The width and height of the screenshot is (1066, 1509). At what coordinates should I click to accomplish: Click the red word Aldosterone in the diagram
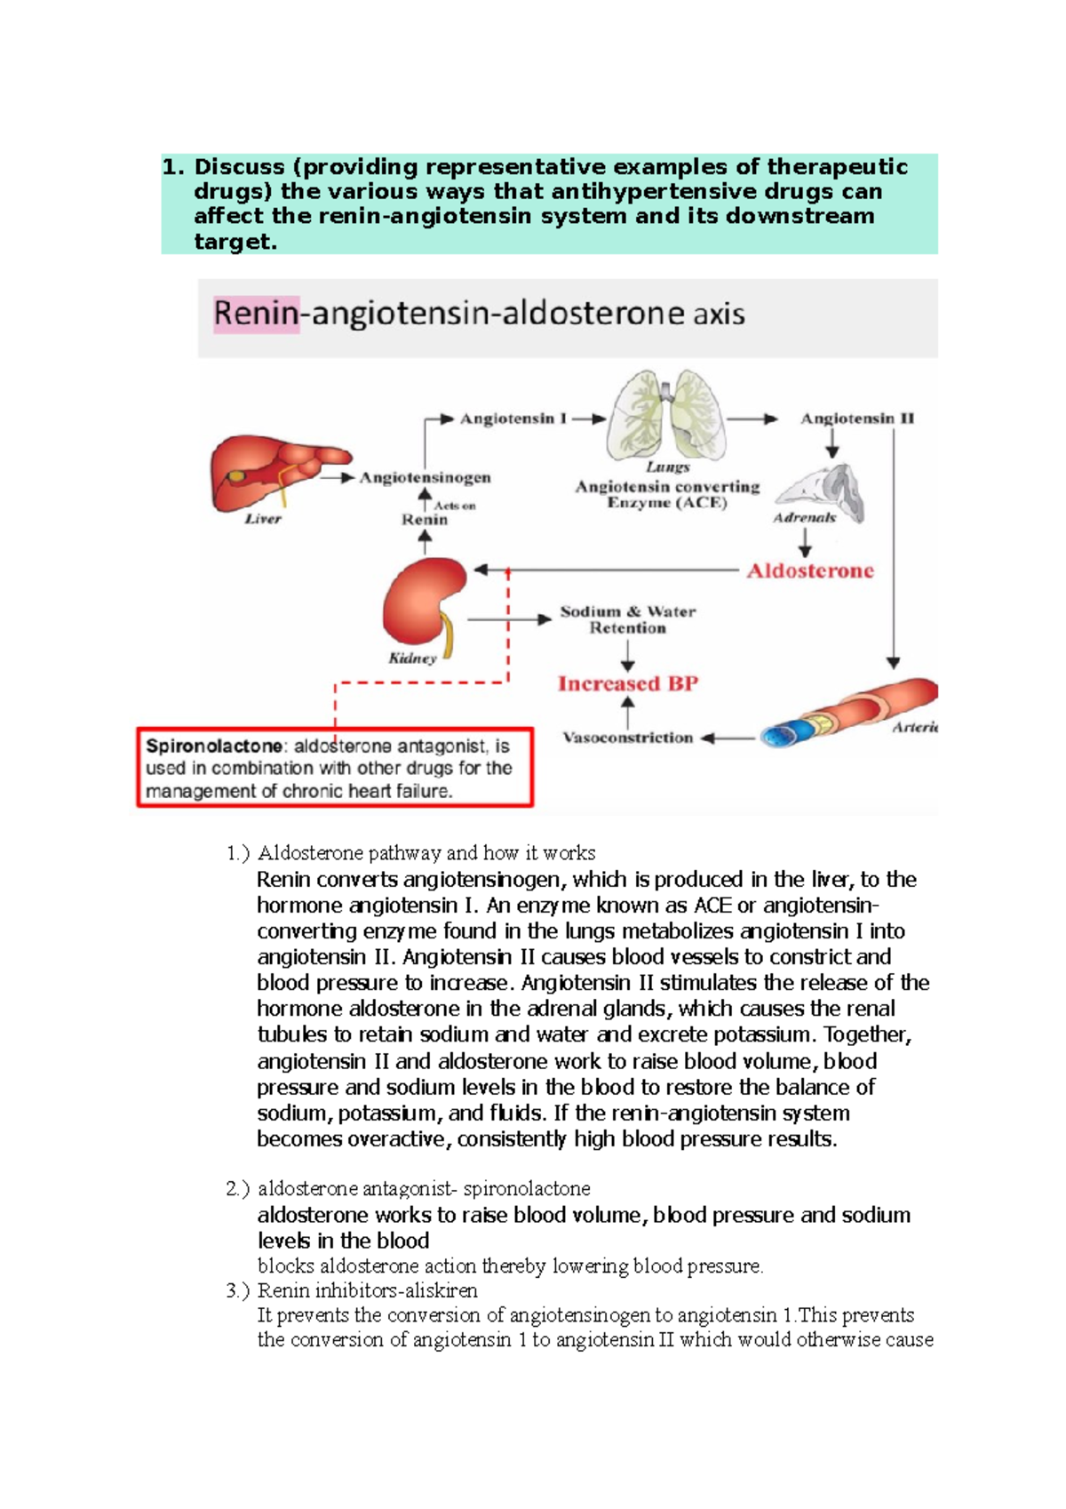810,571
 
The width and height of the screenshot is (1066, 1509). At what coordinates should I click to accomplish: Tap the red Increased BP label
628,683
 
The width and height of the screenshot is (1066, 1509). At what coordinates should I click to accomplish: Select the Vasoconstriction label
628,738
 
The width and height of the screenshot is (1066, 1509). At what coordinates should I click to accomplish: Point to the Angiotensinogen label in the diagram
425,477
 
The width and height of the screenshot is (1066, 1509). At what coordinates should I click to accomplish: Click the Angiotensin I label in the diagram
513,419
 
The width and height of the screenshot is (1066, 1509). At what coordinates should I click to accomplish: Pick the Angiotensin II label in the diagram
857,419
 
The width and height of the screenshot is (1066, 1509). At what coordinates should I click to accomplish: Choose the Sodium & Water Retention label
628,619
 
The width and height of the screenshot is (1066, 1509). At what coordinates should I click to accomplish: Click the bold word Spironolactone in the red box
214,747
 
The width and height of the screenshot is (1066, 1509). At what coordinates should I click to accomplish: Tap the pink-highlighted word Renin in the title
256,314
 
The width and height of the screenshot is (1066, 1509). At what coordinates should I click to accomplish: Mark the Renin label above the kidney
425,520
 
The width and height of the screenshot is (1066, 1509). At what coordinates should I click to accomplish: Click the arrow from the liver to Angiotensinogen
338,477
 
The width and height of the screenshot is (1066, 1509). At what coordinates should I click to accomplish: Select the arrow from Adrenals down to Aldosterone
805,542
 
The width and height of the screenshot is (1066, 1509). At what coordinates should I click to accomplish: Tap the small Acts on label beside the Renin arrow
455,506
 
